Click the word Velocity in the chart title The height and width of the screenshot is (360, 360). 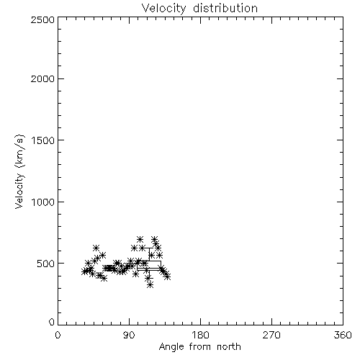coord(164,9)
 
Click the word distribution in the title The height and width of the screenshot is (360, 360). coord(225,8)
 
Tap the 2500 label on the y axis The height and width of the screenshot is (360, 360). coord(43,19)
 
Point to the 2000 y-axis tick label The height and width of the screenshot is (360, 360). coord(43,78)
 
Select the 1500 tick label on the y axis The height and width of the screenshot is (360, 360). coord(43,140)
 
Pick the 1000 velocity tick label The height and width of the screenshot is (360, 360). coord(43,202)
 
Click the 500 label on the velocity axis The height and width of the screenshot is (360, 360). coord(46,264)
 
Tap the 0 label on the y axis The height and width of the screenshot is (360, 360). coord(52,322)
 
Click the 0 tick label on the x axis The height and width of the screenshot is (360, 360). coord(58,335)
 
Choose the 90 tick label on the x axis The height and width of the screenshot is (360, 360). coord(129,335)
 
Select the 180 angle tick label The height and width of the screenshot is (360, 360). coord(200,335)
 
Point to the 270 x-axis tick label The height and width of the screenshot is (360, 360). coord(271,335)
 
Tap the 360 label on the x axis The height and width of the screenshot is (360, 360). coord(343,335)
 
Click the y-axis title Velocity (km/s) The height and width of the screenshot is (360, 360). coord(19,171)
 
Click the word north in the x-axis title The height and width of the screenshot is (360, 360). coord(229,347)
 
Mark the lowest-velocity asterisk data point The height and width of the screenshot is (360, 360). coord(150,285)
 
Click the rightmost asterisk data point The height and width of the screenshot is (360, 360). coord(168,276)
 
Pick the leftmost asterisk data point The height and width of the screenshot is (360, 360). coord(84,271)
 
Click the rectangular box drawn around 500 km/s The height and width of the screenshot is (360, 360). coord(149,261)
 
